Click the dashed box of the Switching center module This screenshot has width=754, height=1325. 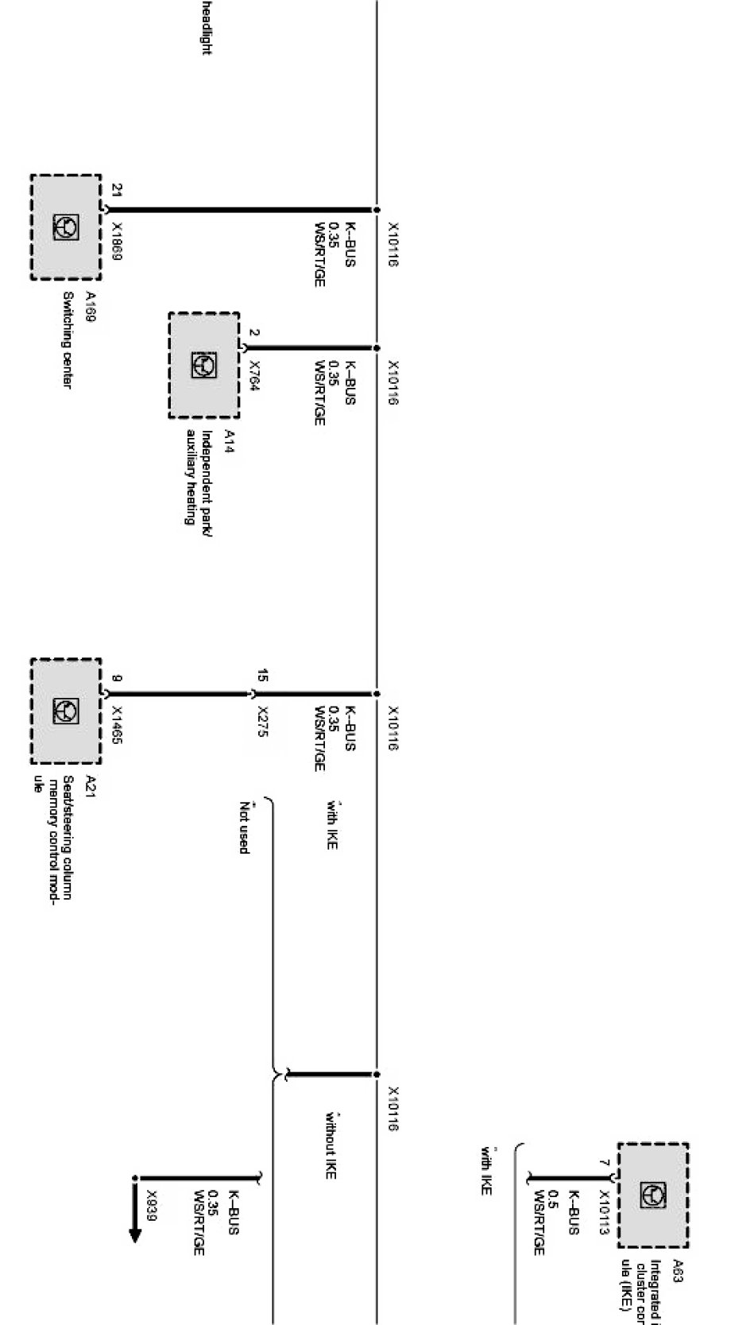pos(66,227)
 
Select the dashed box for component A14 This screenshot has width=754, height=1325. pos(204,365)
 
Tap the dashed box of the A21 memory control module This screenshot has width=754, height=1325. pos(66,711)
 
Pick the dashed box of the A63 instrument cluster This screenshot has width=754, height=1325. pos(652,1195)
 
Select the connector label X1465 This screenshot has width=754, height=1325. pos(117,726)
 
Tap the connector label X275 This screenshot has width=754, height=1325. pos(263,721)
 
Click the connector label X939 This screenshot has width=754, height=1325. pos(151,1205)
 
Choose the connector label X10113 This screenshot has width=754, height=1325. pos(604,1213)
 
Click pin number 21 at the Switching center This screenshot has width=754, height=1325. pos(117,191)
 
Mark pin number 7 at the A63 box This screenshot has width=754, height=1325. pos(604,1163)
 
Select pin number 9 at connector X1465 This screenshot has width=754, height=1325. pos(117,678)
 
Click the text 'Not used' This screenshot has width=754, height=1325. pos(245,828)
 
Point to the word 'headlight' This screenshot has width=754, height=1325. pos(206,28)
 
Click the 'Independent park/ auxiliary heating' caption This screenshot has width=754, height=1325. pos(199,477)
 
